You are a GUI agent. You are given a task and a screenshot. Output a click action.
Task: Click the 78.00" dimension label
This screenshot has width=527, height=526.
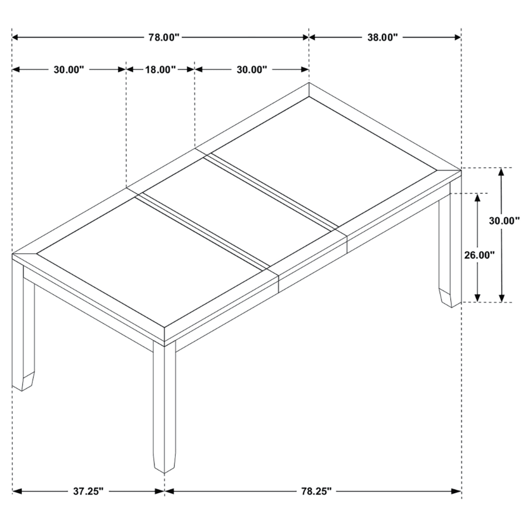[x=165, y=37]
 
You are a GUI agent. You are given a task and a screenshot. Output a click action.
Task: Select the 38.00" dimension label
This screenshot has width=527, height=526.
[x=382, y=37]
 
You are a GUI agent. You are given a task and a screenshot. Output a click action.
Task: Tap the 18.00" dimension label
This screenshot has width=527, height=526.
[x=160, y=69]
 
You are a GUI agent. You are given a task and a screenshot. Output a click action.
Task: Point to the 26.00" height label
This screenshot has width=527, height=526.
[x=480, y=256]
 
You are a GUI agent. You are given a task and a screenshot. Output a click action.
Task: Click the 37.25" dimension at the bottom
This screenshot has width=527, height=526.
[x=88, y=492]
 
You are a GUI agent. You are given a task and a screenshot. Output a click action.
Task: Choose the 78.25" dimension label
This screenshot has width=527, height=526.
[x=316, y=492]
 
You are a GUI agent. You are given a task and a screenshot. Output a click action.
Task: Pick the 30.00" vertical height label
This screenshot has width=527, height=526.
[x=504, y=221]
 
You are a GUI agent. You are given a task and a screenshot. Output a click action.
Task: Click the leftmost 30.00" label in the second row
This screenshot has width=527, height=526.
[x=69, y=69]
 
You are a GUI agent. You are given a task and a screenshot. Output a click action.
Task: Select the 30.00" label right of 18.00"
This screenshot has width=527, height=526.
[x=252, y=69]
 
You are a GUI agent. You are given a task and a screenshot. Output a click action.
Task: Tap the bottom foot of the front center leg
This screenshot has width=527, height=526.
[x=165, y=464]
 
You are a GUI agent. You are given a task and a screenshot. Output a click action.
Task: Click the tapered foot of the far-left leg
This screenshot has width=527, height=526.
[x=23, y=381]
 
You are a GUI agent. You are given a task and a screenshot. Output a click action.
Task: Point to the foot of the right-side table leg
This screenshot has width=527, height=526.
[x=450, y=297]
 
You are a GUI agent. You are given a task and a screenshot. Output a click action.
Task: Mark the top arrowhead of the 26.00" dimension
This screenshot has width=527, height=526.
[x=477, y=197]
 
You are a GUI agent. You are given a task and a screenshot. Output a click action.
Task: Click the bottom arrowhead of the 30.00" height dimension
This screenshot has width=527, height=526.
[x=501, y=298]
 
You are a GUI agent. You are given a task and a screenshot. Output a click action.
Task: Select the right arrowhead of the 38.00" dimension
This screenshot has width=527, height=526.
[x=457, y=37]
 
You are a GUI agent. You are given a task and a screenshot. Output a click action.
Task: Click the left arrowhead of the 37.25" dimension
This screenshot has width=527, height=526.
[x=17, y=492]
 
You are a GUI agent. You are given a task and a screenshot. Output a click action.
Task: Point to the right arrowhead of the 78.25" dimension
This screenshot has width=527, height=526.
[x=457, y=492]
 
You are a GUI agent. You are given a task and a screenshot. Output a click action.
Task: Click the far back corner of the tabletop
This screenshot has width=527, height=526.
[x=309, y=83]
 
